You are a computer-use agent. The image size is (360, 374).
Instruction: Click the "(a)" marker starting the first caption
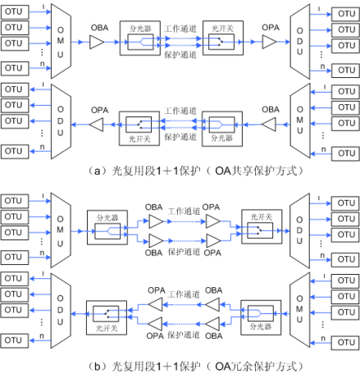[92, 170]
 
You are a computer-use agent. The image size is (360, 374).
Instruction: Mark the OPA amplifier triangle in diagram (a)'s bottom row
[98, 125]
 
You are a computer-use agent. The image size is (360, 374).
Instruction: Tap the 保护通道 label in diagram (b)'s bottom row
[182, 335]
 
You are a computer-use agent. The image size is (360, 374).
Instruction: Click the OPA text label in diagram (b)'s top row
[211, 207]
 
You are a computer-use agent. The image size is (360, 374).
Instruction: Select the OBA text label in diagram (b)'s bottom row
[212, 290]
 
